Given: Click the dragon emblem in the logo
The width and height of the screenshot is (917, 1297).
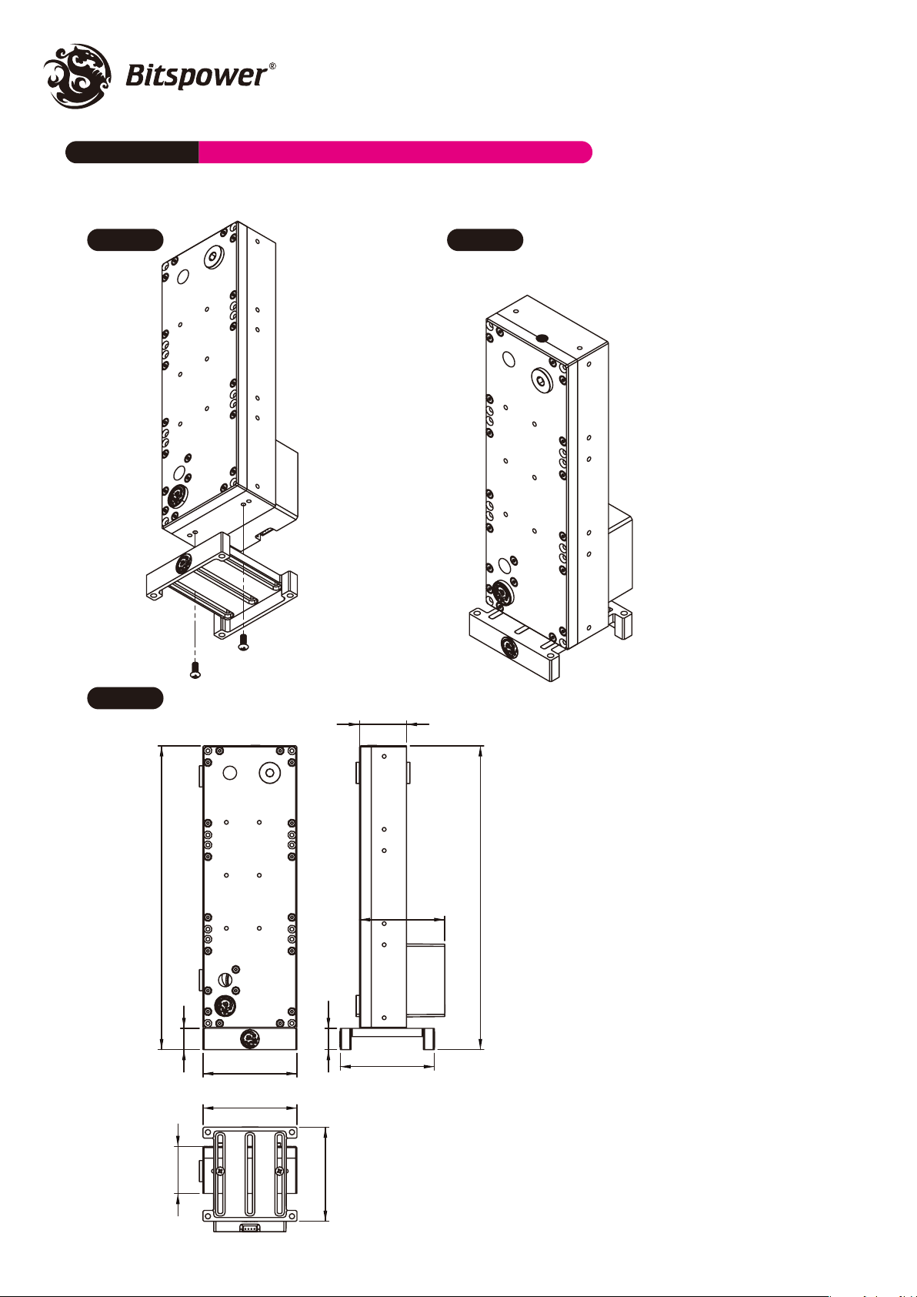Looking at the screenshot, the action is pyautogui.click(x=78, y=75).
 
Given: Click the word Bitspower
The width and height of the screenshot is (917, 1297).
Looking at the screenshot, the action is pyautogui.click(x=196, y=76).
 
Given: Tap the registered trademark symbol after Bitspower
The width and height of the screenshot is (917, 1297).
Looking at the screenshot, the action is pyautogui.click(x=272, y=66).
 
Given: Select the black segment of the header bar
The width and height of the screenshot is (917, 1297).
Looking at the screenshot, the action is pyautogui.click(x=132, y=152).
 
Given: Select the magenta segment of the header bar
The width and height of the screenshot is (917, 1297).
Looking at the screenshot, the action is pyautogui.click(x=395, y=152).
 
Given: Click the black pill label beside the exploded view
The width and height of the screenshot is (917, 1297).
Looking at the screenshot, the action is pyautogui.click(x=125, y=239).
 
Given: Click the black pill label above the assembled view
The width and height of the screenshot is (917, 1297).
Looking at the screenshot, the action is pyautogui.click(x=485, y=239).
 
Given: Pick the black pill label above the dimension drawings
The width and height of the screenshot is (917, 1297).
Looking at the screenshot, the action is pyautogui.click(x=125, y=697).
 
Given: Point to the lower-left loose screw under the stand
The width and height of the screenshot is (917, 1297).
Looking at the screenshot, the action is pyautogui.click(x=195, y=670).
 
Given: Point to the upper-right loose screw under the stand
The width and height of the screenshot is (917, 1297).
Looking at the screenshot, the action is pyautogui.click(x=244, y=641).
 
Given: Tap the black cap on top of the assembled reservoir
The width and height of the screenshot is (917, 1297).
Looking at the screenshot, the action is pyautogui.click(x=542, y=339).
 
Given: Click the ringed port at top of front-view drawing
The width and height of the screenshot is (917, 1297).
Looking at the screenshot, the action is pyautogui.click(x=269, y=772).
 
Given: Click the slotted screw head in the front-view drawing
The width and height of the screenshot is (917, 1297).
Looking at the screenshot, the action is pyautogui.click(x=226, y=979).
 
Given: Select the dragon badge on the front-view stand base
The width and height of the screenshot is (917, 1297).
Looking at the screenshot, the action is pyautogui.click(x=250, y=1038).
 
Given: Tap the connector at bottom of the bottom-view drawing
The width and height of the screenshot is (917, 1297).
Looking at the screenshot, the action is pyautogui.click(x=249, y=1225).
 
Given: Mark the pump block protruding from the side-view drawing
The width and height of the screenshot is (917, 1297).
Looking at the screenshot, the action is pyautogui.click(x=426, y=980).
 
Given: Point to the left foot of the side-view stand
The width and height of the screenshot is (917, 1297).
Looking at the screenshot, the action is pyautogui.click(x=346, y=1039).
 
